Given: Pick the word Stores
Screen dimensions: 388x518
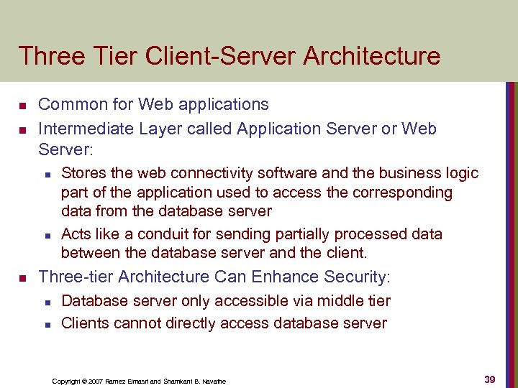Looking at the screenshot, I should pyautogui.click(x=82, y=173).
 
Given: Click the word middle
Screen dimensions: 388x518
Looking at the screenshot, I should pyautogui.click(x=329, y=301).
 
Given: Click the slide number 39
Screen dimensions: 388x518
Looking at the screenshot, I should pyautogui.click(x=489, y=379).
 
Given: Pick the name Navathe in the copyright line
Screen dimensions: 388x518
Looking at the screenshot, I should pyautogui.click(x=213, y=381).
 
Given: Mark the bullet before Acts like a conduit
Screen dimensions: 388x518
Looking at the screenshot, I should pyautogui.click(x=45, y=235).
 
